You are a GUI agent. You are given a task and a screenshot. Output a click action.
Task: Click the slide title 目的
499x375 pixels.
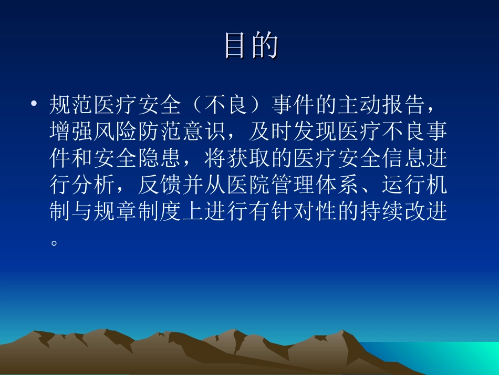point(251,46)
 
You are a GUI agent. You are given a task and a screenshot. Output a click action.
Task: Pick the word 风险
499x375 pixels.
point(116,133)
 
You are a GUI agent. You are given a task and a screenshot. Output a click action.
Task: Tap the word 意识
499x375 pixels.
point(205,133)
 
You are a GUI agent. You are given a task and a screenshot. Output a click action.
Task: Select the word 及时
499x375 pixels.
point(271,133)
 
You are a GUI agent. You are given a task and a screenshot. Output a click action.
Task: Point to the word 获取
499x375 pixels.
point(248,159)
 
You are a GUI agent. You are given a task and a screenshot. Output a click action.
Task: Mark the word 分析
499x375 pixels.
point(93,186)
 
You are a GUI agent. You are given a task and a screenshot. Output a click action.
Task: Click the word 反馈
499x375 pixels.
point(160,186)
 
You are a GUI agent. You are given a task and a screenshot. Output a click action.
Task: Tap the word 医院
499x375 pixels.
point(248,186)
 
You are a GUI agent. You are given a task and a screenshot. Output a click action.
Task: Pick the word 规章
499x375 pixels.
point(116,212)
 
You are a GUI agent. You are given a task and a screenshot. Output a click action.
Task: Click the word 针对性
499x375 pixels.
point(304,212)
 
